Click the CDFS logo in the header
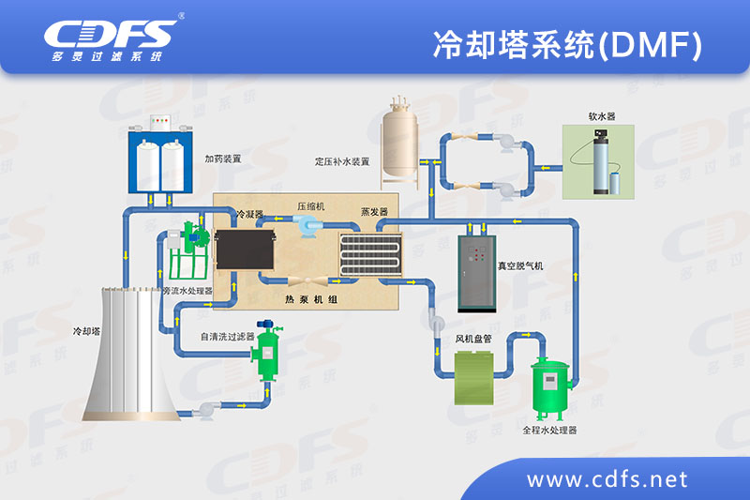click(x=111, y=38)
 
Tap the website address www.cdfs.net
click(x=607, y=479)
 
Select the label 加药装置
click(x=223, y=159)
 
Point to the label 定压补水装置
click(x=342, y=161)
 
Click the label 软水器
click(x=601, y=116)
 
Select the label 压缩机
click(x=310, y=205)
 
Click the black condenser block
click(x=244, y=251)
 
